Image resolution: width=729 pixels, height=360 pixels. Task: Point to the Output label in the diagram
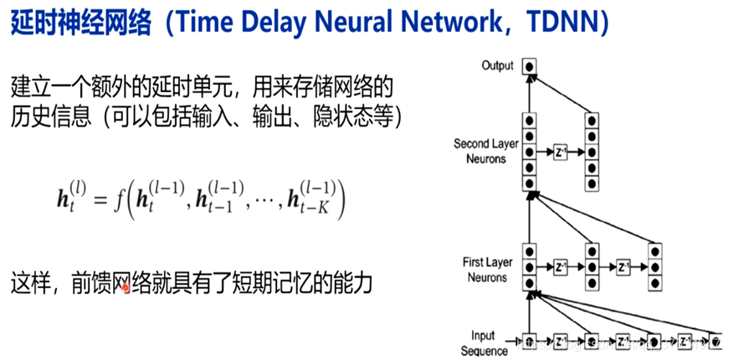click(x=498, y=65)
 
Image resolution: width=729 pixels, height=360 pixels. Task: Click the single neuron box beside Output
click(x=528, y=66)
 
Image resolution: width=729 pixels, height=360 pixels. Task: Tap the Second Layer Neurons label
click(x=486, y=151)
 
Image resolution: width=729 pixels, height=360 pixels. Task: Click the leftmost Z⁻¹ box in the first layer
click(x=560, y=268)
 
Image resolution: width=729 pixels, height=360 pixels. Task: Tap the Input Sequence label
click(x=484, y=343)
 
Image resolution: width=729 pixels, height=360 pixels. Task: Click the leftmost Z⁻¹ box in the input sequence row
click(x=560, y=342)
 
